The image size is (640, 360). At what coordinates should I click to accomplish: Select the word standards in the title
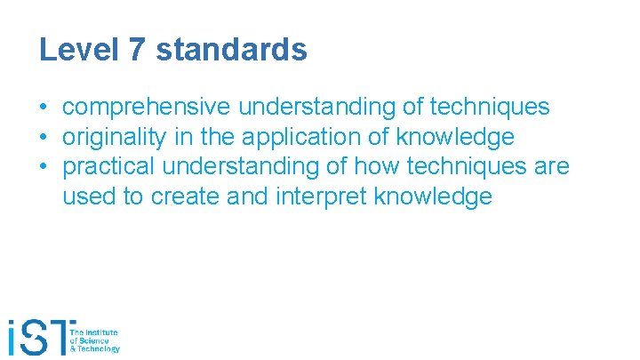click(232, 50)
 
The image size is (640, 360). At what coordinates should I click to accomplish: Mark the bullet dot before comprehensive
click(43, 108)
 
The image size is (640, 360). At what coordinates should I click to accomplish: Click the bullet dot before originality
click(43, 138)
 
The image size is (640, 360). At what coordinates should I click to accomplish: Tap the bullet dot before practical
click(43, 167)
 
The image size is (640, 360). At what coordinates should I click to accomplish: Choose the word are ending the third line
click(552, 166)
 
